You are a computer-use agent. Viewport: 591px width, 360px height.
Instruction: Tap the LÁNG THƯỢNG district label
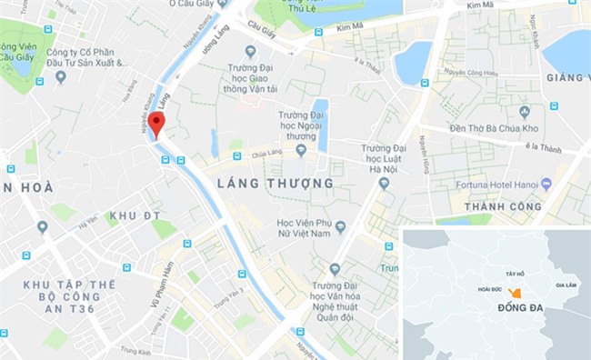[275, 184]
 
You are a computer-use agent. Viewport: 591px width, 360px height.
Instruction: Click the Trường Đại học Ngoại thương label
[301, 125]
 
